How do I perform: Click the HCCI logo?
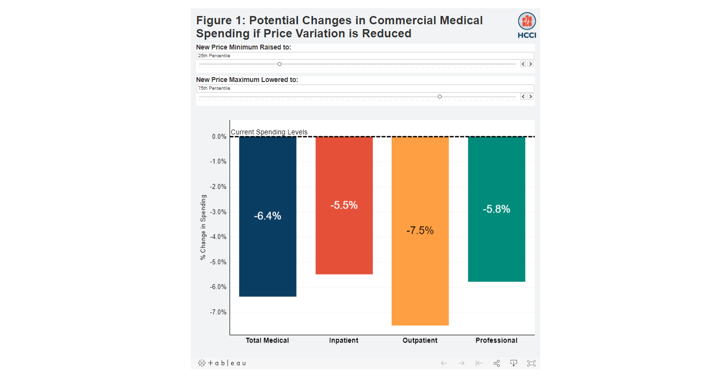point(527,25)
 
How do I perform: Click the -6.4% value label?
point(267,216)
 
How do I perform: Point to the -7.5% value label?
point(420,231)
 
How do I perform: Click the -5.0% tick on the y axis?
point(218,262)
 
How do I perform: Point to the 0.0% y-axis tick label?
point(219,137)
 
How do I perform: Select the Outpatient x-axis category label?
point(420,341)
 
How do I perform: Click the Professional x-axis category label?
point(496,341)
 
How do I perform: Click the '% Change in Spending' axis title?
point(203,228)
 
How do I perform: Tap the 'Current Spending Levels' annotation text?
point(269,132)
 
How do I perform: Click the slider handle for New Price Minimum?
point(280,64)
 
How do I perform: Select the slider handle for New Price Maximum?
point(440,97)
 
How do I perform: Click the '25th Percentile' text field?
point(364,56)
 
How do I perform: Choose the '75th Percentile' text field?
point(364,88)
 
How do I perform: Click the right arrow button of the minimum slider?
point(530,64)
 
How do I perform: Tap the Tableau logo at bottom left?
point(222,363)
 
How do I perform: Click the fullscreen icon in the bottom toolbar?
point(531,363)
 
